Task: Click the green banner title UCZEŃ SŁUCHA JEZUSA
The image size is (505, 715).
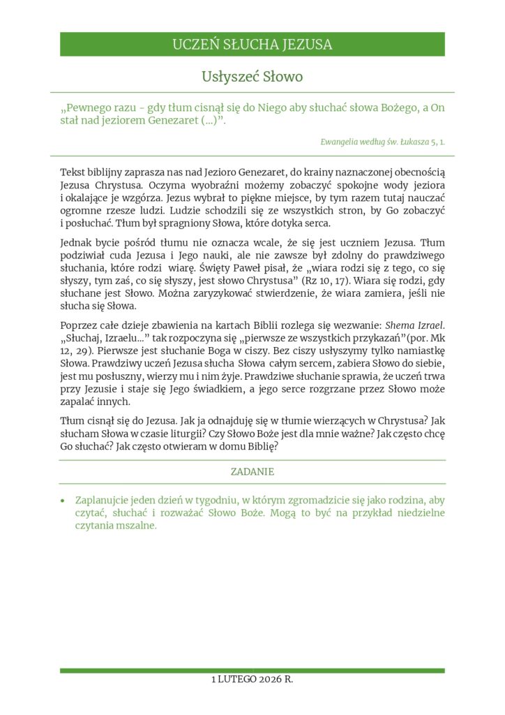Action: coord(252,45)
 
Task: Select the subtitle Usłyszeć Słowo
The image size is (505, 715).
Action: coord(252,76)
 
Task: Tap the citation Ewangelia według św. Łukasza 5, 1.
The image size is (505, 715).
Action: coord(382,141)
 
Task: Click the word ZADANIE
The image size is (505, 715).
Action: coord(252,472)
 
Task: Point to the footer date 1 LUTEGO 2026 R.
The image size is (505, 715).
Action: coord(252,679)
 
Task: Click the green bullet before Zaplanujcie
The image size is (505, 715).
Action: coord(63,501)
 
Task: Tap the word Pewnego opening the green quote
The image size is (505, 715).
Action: coord(90,108)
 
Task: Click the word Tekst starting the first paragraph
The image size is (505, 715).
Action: coord(74,172)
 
